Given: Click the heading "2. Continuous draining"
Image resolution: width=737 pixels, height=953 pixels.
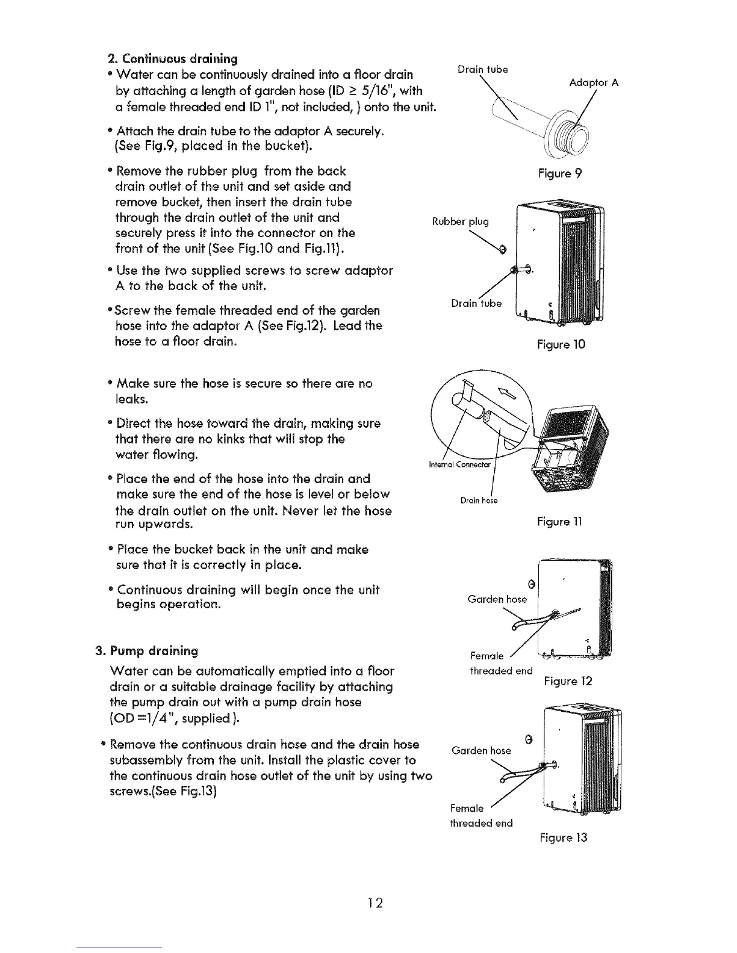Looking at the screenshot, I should click(172, 59).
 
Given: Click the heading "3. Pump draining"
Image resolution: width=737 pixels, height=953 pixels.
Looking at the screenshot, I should click(147, 651).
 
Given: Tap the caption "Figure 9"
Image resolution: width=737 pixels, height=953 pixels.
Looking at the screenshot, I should click(560, 174).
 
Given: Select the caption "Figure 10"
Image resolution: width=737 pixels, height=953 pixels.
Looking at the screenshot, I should click(561, 345).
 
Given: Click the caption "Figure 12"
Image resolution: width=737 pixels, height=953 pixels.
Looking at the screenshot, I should click(568, 682).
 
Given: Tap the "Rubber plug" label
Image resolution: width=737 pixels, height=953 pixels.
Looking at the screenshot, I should click(461, 221).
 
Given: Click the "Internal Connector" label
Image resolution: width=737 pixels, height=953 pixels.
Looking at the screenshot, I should click(459, 464).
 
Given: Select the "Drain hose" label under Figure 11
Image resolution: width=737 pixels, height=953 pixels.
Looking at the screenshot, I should click(479, 501).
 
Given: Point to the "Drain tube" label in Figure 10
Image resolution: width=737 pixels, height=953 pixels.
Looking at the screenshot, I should click(476, 303).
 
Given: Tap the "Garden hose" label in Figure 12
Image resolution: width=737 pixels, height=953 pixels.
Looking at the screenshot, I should click(497, 599).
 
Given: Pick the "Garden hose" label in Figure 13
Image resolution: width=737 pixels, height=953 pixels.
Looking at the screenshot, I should click(480, 750).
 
